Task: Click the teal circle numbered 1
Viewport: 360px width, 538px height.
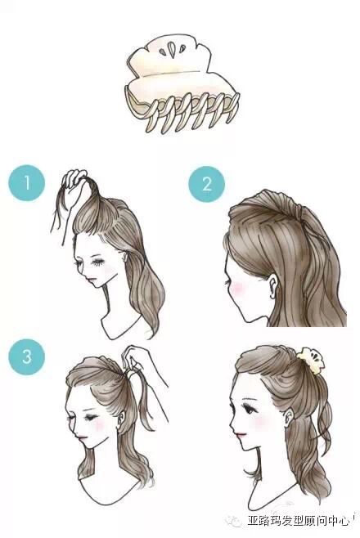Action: [x=27, y=183]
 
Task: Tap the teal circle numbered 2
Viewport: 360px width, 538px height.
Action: [x=207, y=184]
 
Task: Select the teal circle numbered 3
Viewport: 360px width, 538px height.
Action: [x=27, y=357]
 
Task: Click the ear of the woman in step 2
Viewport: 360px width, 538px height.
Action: [x=272, y=286]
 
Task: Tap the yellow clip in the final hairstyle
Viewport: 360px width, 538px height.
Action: [x=311, y=361]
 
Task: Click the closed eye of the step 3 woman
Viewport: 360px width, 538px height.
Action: [x=91, y=418]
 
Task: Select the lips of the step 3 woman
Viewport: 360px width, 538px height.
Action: [x=82, y=438]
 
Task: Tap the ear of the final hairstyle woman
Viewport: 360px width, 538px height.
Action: [x=289, y=416]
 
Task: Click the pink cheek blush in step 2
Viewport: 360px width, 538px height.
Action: [x=236, y=288]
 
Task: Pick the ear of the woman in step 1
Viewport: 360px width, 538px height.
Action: [x=124, y=257]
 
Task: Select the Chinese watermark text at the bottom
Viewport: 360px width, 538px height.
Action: [x=298, y=520]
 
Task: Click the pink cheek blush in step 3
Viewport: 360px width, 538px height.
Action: [x=100, y=424]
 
